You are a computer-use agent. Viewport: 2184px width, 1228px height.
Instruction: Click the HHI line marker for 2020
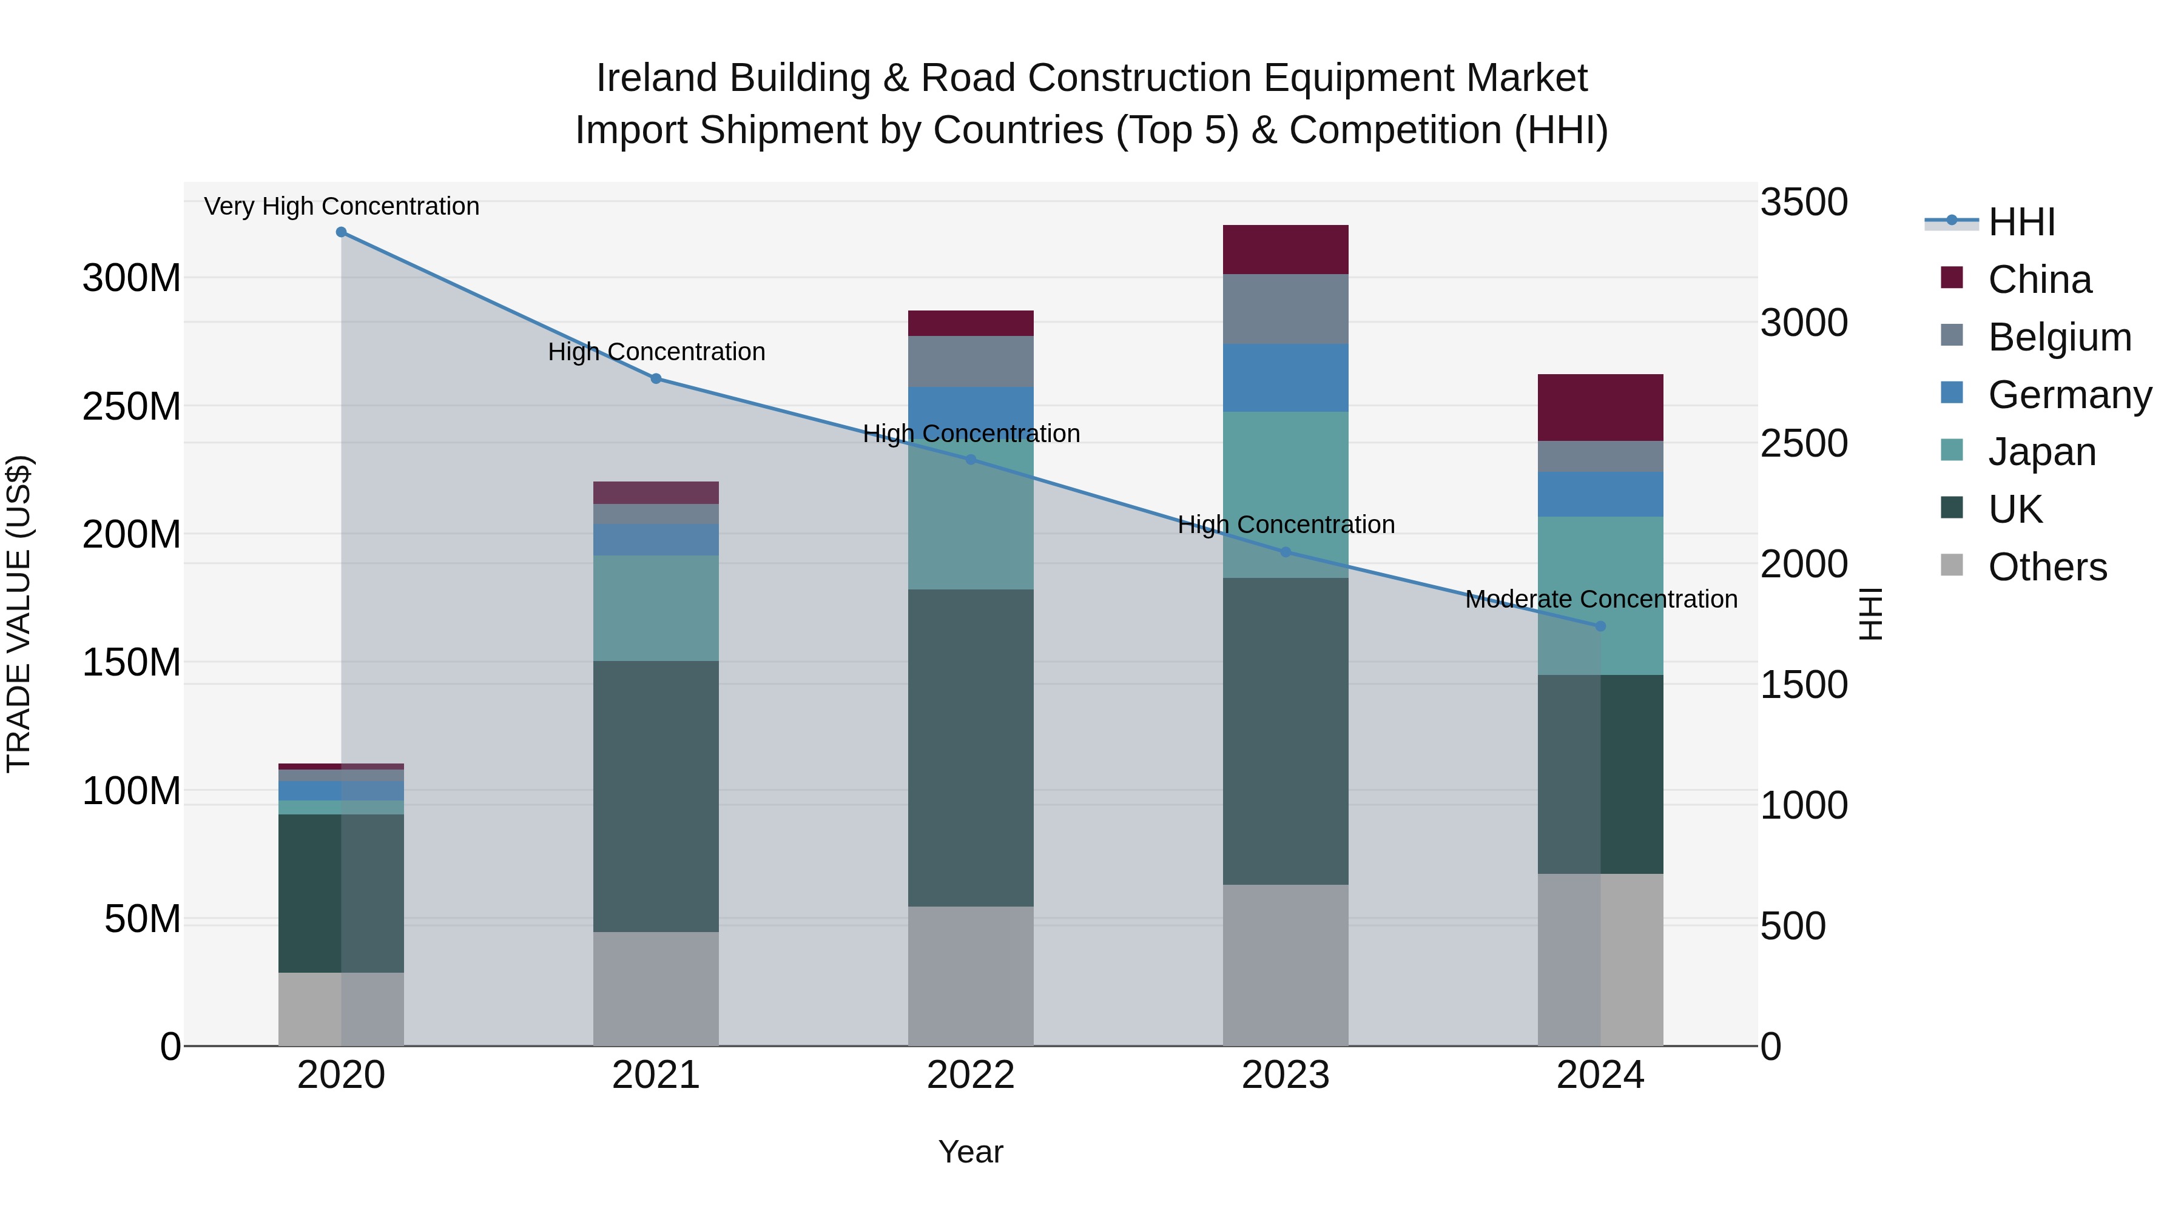click(x=341, y=232)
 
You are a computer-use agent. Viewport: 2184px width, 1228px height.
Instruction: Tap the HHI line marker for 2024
click(x=1600, y=626)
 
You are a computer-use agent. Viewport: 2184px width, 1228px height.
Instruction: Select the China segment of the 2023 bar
click(x=1286, y=249)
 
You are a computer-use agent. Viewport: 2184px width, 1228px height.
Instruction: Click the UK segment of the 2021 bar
click(x=655, y=797)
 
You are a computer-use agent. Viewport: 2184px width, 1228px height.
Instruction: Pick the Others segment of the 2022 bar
click(x=971, y=976)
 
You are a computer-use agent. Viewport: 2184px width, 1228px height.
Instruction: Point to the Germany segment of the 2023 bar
click(x=1286, y=378)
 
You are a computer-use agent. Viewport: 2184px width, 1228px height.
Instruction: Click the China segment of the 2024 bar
click(x=1600, y=408)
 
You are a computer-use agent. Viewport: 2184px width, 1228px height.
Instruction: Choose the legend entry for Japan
click(x=2041, y=452)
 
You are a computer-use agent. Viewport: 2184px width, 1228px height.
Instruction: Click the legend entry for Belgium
click(x=2058, y=337)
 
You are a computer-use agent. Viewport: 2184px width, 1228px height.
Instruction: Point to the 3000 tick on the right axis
click(x=1804, y=323)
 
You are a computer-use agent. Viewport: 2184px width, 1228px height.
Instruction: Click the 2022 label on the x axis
click(x=971, y=1075)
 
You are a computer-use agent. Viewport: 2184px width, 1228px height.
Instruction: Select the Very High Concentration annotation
click(x=342, y=206)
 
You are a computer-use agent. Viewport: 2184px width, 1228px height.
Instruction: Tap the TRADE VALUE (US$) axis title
click(x=19, y=614)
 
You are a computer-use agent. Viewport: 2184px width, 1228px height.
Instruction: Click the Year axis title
click(x=970, y=1152)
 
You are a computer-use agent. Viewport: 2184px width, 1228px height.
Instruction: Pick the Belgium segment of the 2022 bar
click(x=971, y=362)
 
